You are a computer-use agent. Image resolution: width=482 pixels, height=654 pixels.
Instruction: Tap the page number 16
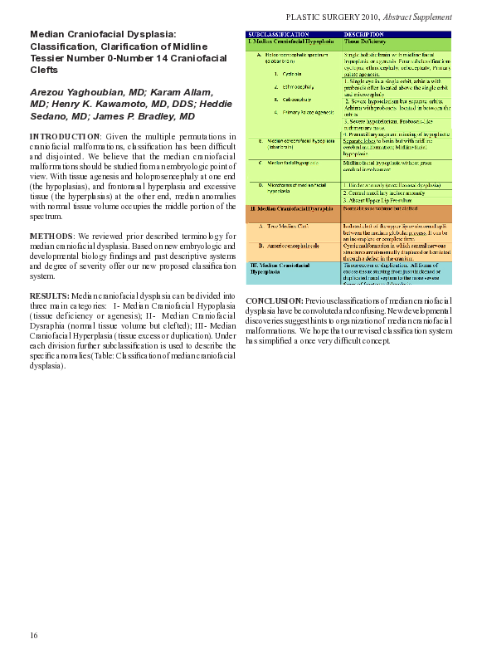tap(34, 635)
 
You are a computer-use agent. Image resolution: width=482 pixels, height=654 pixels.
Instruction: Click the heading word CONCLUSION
tap(275, 300)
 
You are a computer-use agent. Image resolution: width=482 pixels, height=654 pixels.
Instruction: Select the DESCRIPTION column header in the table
tap(363, 34)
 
